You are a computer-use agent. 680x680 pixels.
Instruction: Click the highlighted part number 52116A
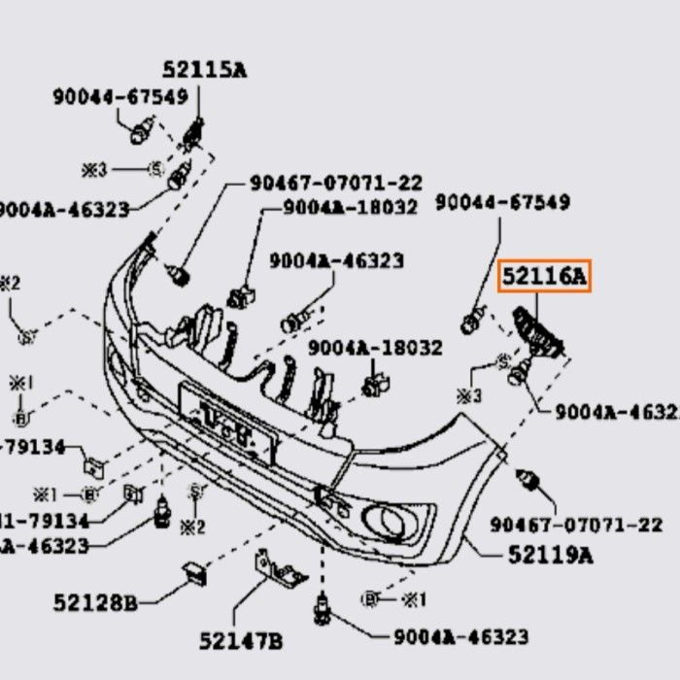544,279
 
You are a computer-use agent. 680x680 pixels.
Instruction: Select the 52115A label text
204,69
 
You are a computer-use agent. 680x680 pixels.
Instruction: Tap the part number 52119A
550,555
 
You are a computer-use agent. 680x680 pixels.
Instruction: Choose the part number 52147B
241,641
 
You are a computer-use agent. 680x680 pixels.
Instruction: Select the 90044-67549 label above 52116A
502,202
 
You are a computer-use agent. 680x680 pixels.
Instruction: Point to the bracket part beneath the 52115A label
194,133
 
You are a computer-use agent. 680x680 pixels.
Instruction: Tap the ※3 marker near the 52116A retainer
470,395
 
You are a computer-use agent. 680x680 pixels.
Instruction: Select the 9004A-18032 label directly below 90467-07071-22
350,208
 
